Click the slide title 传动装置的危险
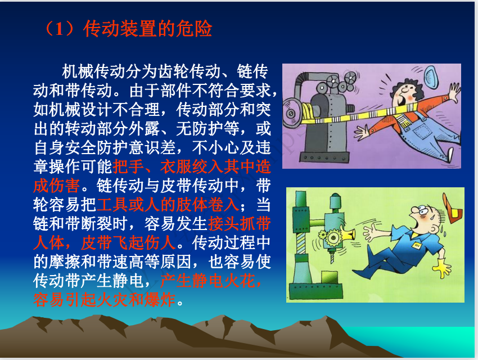(147, 29)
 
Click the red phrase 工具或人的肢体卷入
(168, 205)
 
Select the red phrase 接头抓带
(239, 224)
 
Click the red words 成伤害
(57, 186)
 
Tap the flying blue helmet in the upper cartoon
(432, 77)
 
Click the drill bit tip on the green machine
(332, 262)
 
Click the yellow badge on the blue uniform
(417, 245)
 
